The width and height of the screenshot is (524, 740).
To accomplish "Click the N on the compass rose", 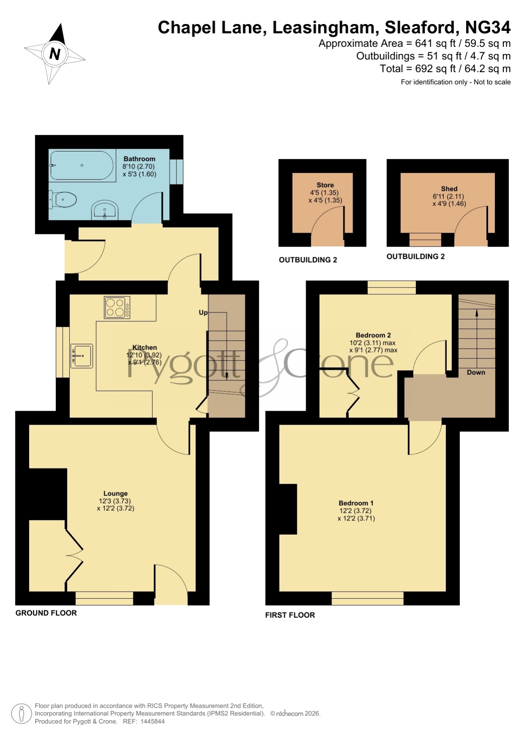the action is [55, 54].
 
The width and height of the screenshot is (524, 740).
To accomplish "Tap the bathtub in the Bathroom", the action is [81, 166].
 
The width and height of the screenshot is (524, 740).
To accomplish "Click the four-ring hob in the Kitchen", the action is [117, 307].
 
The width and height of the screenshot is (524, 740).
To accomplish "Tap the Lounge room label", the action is [115, 493].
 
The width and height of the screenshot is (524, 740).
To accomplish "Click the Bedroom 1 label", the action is [356, 503].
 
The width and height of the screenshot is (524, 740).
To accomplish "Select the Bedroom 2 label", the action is [373, 335].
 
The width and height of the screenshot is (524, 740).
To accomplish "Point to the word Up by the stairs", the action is [203, 313].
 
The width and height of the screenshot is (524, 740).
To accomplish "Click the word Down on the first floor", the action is [476, 372].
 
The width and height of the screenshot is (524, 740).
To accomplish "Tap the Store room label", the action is [325, 185].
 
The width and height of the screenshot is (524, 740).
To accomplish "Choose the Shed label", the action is [449, 189].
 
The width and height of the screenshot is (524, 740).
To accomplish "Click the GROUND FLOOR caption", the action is [46, 613].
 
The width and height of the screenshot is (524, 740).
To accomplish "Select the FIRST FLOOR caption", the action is [290, 615].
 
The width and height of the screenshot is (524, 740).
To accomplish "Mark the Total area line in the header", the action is [445, 69].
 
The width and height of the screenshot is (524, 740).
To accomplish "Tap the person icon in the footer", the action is [21, 713].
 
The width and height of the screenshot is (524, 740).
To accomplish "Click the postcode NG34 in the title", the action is [488, 27].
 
